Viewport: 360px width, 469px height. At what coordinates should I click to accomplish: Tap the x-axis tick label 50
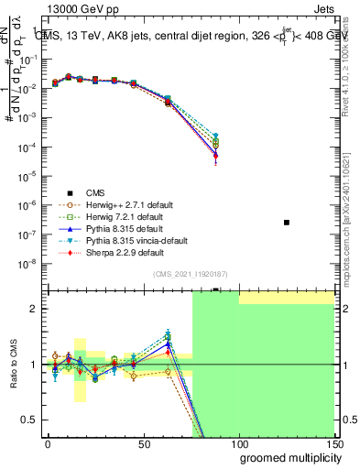point(143,444)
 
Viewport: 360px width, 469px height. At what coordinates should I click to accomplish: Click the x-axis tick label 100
point(238,444)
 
